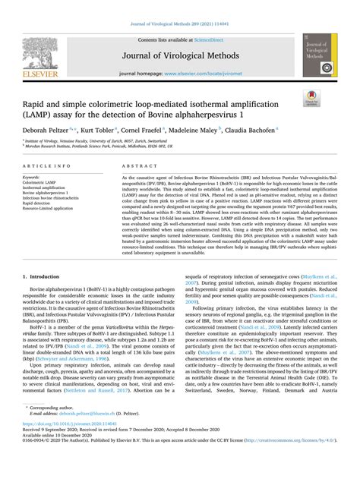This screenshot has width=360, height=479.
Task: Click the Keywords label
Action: pyautogui.click(x=36, y=176)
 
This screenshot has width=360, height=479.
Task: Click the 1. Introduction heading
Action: pyautogui.click(x=44, y=279)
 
